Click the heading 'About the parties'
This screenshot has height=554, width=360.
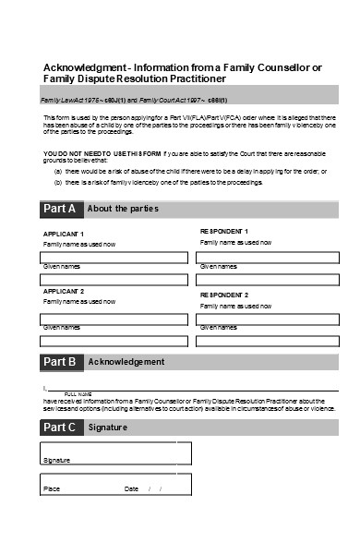click(124, 209)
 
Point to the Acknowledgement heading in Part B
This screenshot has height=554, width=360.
click(126, 362)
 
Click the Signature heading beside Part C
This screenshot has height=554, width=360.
click(108, 428)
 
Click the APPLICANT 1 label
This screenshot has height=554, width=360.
click(64, 234)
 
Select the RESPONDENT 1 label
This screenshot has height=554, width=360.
click(224, 231)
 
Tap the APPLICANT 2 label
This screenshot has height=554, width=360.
click(64, 291)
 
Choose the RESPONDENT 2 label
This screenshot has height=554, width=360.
click(224, 295)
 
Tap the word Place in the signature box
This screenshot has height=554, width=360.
click(52, 488)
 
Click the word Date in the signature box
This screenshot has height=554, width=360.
click(131, 488)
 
